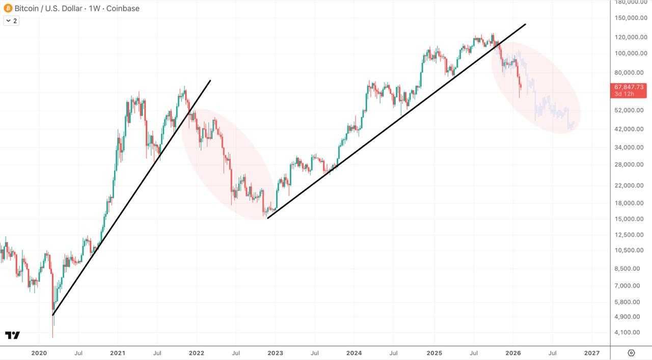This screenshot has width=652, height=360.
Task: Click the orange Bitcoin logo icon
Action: click(8, 8)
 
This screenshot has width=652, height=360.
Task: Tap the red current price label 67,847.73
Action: click(629, 87)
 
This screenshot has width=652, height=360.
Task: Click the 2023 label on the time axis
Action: click(275, 352)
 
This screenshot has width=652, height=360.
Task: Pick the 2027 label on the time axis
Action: click(591, 352)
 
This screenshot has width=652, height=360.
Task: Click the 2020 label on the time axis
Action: click(39, 352)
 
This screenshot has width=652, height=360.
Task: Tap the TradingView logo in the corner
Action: click(13, 335)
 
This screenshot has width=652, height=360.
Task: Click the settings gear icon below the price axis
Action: click(631, 352)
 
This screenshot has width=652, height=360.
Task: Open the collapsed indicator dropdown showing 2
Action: click(11, 21)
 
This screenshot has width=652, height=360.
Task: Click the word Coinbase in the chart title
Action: click(122, 8)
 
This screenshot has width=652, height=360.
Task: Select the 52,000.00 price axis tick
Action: click(631, 110)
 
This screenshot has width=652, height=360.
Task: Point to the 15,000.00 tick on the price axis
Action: click(631, 219)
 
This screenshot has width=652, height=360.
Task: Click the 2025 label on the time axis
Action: click(434, 352)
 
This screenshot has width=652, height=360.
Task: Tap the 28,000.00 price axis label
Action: click(631, 164)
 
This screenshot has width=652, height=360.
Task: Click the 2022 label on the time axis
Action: click(197, 352)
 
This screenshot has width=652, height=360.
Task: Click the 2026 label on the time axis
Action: click(513, 352)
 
